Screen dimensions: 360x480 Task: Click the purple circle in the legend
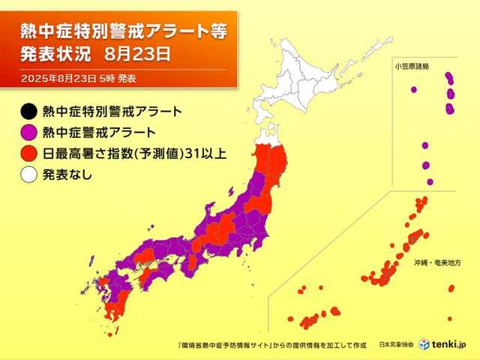[28, 133]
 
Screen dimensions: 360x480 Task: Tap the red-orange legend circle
[28, 154]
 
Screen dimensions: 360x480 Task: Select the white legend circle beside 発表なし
[28, 175]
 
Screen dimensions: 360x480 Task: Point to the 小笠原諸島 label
[413, 66]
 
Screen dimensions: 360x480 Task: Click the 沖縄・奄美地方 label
[436, 263]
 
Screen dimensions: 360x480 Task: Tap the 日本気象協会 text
[397, 344]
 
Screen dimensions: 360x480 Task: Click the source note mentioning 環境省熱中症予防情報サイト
[270, 344]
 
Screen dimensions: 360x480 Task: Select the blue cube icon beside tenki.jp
[424, 343]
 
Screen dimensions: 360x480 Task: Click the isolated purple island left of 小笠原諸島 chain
[413, 90]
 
